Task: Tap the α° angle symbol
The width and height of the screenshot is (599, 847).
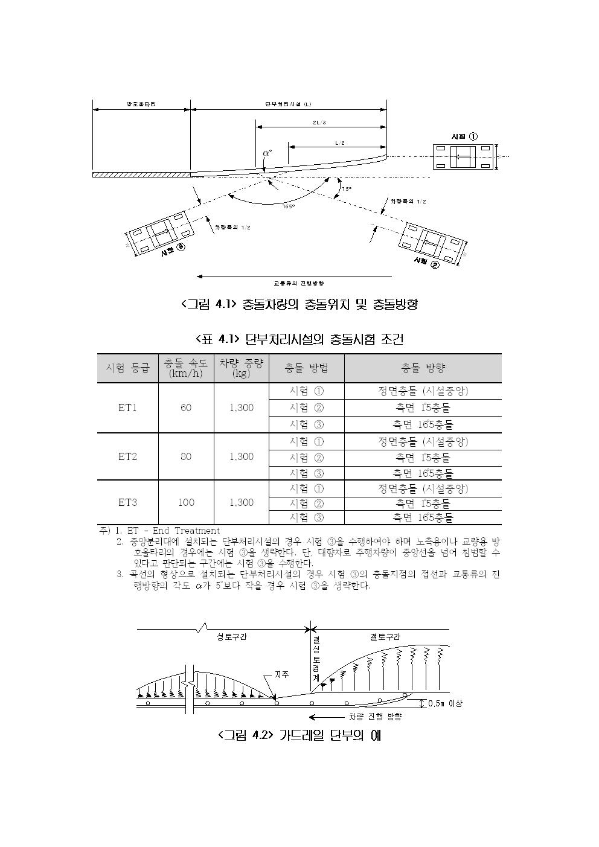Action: tap(267, 153)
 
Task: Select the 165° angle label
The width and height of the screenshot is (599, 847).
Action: tap(289, 206)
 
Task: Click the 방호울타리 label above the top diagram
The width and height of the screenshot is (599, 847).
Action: tap(141, 104)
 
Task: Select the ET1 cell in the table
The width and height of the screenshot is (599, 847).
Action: tap(127, 408)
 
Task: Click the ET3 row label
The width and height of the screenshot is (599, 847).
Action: tap(127, 502)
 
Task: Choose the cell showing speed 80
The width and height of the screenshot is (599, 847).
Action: tap(185, 456)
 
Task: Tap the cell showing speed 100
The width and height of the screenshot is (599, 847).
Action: tap(186, 502)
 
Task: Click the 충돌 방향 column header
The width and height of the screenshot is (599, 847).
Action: tap(423, 368)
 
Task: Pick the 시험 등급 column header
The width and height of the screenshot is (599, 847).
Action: tap(127, 368)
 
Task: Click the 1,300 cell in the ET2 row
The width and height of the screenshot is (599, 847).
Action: tap(241, 456)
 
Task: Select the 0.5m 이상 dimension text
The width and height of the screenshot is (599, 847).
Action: tap(444, 703)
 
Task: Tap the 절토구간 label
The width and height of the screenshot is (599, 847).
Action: tap(385, 636)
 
